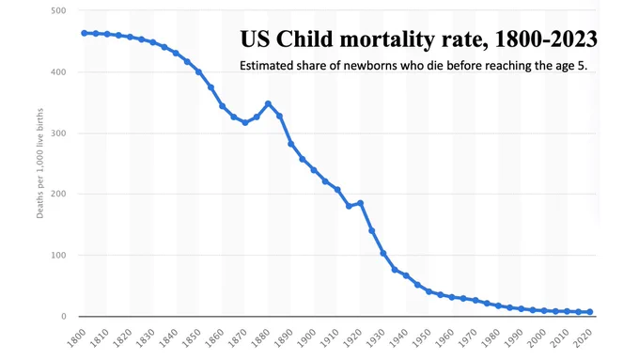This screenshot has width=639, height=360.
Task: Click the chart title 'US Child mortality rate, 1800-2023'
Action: click(418, 39)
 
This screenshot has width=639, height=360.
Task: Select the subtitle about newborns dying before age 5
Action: click(413, 66)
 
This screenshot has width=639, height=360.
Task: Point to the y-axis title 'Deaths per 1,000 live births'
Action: click(39, 163)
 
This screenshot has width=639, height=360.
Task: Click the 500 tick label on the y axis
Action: click(58, 10)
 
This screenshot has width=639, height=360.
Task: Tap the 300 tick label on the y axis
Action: click(58, 133)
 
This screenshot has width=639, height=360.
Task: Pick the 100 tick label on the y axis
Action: click(58, 256)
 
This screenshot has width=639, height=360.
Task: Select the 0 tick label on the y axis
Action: click(64, 317)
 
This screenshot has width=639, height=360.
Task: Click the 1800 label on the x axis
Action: click(77, 337)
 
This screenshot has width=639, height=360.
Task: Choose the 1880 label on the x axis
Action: click(260, 337)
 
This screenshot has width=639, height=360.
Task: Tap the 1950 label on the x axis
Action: click(421, 337)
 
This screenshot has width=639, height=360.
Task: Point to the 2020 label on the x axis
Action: click(583, 337)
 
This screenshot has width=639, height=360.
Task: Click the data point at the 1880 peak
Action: click(268, 104)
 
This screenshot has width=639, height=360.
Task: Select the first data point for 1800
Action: click(85, 33)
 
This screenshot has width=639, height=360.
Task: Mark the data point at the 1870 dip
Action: click(245, 122)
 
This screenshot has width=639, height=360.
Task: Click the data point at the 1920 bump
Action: click(360, 203)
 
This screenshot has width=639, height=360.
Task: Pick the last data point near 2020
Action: click(590, 312)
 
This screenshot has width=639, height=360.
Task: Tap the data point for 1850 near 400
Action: click(199, 71)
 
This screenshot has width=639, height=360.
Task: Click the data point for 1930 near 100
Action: click(383, 253)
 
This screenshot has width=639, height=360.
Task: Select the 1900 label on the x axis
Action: click(306, 337)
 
